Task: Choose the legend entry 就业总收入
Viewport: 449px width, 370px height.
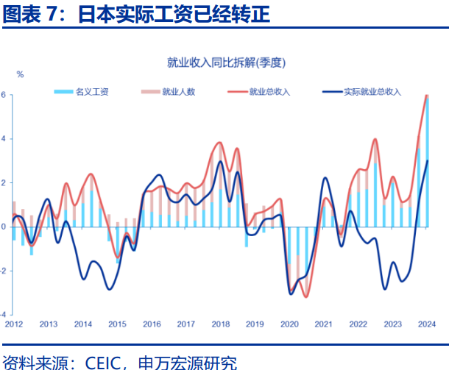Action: (x=269, y=92)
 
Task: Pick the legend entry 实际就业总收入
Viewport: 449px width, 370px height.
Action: (x=372, y=92)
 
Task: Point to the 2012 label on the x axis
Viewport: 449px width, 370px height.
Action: (x=14, y=324)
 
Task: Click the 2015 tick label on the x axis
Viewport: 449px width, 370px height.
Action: (x=117, y=324)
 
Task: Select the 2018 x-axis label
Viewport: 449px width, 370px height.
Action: (x=220, y=324)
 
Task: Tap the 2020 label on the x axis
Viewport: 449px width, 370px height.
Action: (x=289, y=324)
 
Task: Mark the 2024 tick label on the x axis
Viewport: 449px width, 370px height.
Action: (x=427, y=324)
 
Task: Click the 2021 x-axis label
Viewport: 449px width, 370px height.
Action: (x=323, y=324)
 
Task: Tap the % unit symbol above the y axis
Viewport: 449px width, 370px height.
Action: (x=20, y=74)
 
